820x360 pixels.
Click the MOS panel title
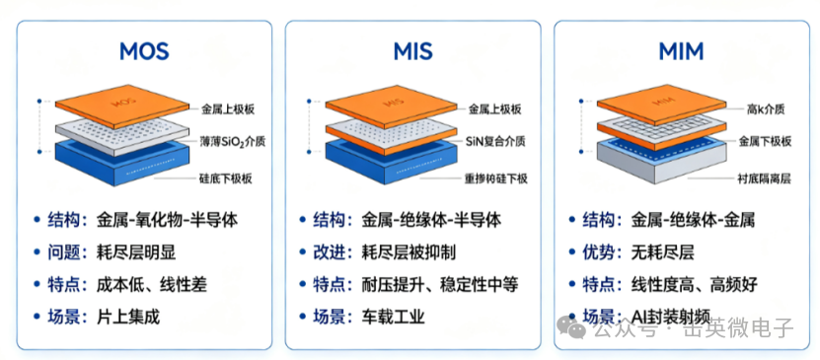coord(144,51)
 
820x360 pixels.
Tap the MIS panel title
coord(412,51)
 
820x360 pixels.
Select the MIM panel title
coord(681,51)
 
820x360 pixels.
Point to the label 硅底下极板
coord(227,179)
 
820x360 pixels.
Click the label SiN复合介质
coord(496,141)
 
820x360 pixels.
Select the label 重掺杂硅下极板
coord(495,179)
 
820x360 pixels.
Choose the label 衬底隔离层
coord(765,179)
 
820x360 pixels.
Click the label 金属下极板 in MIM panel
coord(765,141)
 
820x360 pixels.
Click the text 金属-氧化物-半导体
coord(168,220)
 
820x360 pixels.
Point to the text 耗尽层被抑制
coord(409,252)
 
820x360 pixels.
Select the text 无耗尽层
coord(662,252)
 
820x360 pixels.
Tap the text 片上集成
coord(128,317)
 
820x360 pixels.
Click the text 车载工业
coord(393,317)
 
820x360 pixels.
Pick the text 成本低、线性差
coord(152,285)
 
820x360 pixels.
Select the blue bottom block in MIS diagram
coord(390,162)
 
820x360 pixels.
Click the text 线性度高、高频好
coord(694,285)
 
